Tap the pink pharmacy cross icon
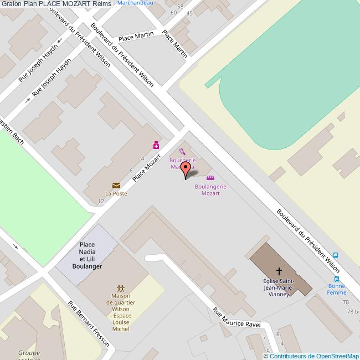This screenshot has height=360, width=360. click(x=157, y=145)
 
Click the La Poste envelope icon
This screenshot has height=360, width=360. click(x=116, y=186)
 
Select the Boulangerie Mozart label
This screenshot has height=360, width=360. click(x=210, y=190)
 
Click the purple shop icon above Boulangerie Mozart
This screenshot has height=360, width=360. click(x=210, y=178)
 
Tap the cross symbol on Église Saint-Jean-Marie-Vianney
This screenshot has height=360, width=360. click(x=279, y=271)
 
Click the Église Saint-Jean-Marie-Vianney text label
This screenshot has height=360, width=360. click(x=279, y=287)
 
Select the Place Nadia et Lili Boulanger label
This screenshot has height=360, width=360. click(x=87, y=255)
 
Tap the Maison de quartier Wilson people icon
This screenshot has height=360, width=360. click(x=121, y=289)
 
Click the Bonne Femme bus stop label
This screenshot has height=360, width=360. click(x=336, y=289)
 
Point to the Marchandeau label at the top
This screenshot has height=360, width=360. click(x=136, y=3)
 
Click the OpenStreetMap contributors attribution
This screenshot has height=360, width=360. click(x=311, y=356)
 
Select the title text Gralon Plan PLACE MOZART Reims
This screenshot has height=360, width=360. click(x=56, y=4)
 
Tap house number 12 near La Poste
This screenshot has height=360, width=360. click(x=101, y=201)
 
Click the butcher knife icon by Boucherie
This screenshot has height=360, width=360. click(x=182, y=151)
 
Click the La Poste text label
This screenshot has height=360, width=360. click(x=116, y=194)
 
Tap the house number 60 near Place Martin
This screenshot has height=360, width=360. click(x=174, y=12)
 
